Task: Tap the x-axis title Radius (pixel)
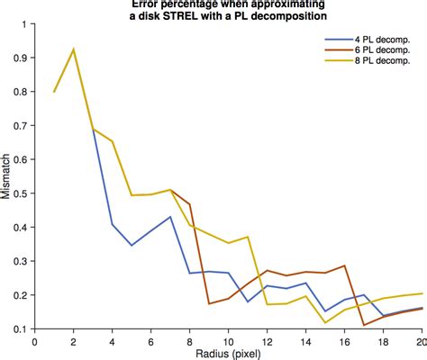[229, 355]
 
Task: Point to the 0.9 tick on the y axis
[19, 58]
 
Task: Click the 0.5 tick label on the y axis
[19, 193]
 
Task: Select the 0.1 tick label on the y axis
[19, 329]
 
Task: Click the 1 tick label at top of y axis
[24, 23]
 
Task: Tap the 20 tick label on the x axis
[421, 342]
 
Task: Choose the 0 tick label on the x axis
[34, 342]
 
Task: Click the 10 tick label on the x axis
[229, 342]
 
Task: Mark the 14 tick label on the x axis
[306, 342]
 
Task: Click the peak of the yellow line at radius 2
[74, 49]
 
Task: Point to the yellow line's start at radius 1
[54, 92]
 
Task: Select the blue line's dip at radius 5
[132, 245]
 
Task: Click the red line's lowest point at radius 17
[364, 325]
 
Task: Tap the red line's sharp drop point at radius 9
[209, 303]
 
